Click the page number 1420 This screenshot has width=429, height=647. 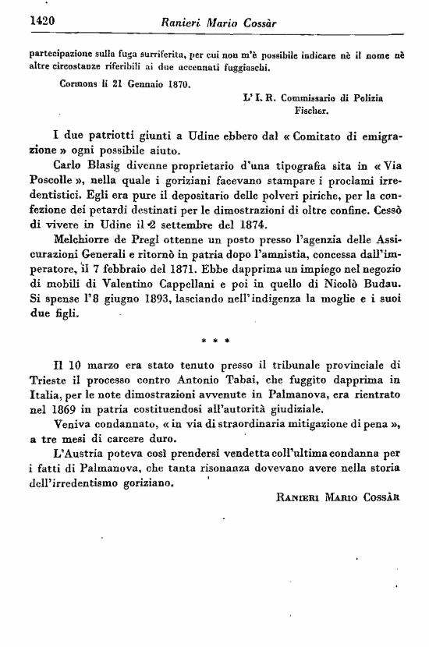[27, 21]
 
